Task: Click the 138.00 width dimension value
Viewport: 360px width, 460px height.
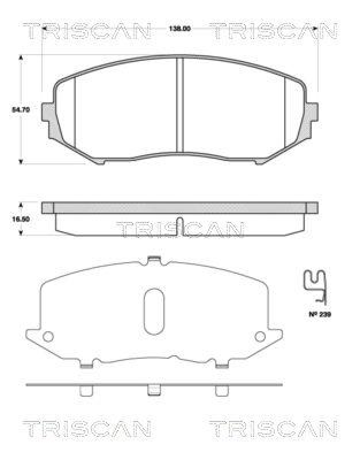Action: [179, 28]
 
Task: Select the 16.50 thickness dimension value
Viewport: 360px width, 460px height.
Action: [20, 219]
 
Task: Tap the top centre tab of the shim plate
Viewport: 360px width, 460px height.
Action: [153, 260]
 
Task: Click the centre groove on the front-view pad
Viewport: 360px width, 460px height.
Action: [179, 103]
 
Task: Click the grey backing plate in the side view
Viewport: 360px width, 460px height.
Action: [179, 207]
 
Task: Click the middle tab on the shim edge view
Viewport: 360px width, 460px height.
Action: [154, 390]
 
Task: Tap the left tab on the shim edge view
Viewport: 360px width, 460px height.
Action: [86, 390]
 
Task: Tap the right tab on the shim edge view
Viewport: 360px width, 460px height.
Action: [221, 390]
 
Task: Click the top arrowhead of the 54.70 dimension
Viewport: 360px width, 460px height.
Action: [21, 57]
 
